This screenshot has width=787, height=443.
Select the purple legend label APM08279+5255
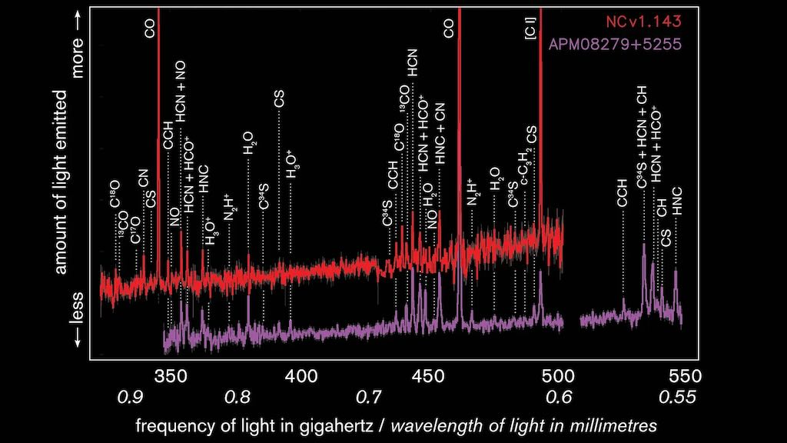pyautogui.click(x=616, y=43)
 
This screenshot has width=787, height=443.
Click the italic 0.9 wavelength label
pyautogui.click(x=129, y=398)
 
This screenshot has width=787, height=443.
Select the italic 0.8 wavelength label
pyautogui.click(x=237, y=398)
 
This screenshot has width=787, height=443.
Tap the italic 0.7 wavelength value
pyautogui.click(x=370, y=398)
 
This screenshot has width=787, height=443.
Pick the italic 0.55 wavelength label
pyautogui.click(x=677, y=398)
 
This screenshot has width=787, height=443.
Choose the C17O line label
pyautogui.click(x=136, y=229)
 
